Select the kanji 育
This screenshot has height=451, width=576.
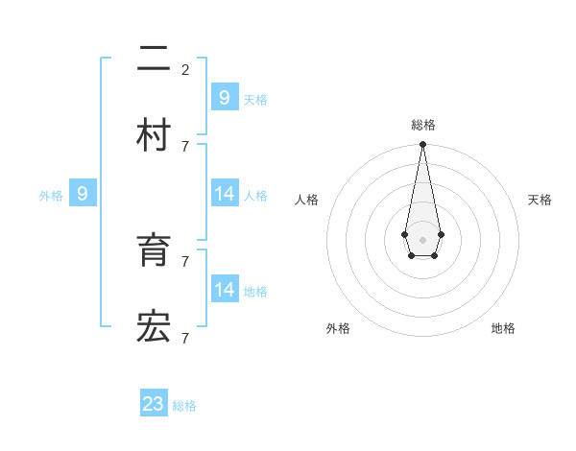click(x=154, y=251)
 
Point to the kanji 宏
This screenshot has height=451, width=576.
click(x=154, y=328)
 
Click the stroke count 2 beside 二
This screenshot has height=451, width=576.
click(x=185, y=69)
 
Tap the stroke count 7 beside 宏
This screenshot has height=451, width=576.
click(x=185, y=338)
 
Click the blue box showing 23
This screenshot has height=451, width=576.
click(x=154, y=403)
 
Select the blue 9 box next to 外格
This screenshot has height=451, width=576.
click(x=83, y=194)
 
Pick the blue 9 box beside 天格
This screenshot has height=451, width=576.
click(x=225, y=97)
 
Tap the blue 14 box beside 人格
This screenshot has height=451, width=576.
click(x=225, y=194)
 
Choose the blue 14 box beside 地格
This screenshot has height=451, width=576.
click(x=225, y=289)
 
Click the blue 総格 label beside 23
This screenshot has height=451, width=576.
click(x=184, y=406)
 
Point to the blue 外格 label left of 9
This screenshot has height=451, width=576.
click(x=51, y=196)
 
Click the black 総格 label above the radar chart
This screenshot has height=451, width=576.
click(x=422, y=125)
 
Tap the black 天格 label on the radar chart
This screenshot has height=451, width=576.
click(x=540, y=200)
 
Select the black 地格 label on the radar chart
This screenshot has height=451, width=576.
click(x=503, y=328)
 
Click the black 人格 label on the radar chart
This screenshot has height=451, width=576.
click(x=306, y=200)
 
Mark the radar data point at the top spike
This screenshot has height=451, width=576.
click(x=422, y=145)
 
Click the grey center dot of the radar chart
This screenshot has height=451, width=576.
click(x=422, y=238)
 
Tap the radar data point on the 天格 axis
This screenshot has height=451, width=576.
click(x=441, y=234)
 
